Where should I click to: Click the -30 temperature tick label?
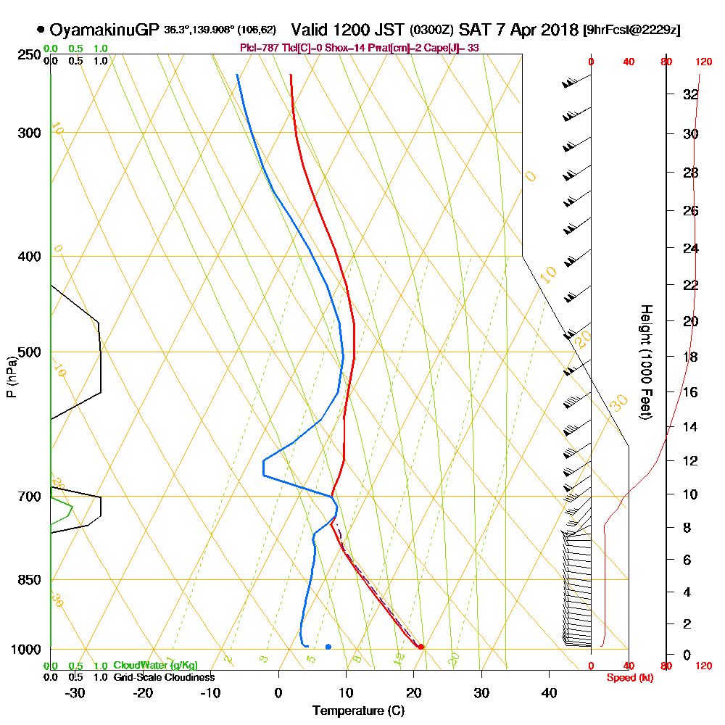(x=75, y=692)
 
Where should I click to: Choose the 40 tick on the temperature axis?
(x=549, y=692)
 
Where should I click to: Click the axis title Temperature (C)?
(x=358, y=711)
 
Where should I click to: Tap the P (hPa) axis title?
(x=11, y=377)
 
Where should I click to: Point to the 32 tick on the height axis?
(x=691, y=94)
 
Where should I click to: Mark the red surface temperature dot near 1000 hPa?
(x=420, y=647)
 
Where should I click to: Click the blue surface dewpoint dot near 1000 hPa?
(x=328, y=647)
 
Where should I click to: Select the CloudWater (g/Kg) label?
(x=155, y=666)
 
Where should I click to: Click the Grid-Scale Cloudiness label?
(x=163, y=677)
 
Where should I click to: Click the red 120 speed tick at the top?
(x=703, y=62)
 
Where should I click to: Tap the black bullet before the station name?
(x=41, y=30)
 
